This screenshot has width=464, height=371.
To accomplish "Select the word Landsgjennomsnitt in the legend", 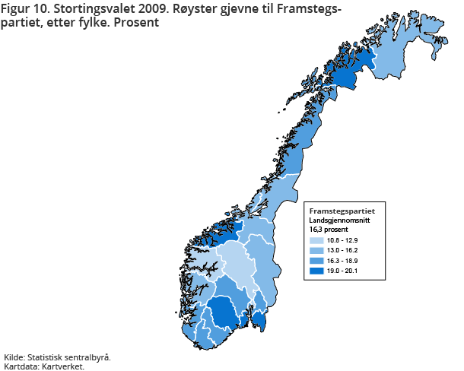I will coord(338,220).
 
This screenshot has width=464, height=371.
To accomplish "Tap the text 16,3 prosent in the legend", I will coord(328,228).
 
